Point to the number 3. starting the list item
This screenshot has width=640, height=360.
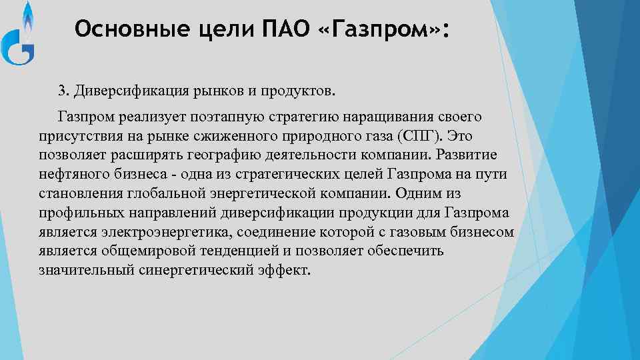click(63, 90)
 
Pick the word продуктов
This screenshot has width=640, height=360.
click(305, 90)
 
